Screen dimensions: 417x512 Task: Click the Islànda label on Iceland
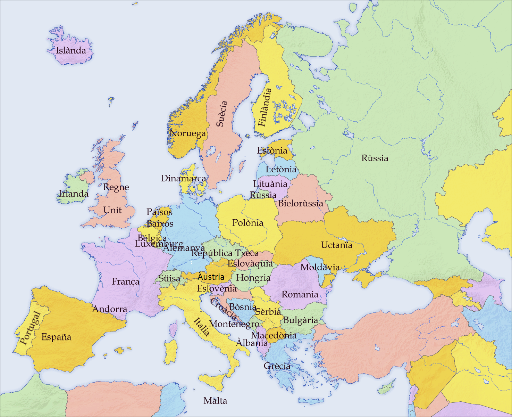71,50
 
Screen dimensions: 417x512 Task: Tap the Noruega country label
187,133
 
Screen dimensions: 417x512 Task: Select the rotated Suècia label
222,114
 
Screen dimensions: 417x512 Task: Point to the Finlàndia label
265,107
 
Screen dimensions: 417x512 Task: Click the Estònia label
272,150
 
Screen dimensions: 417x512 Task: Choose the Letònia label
281,169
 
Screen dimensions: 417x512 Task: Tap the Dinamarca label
183,178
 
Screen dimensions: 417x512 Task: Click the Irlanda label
74,194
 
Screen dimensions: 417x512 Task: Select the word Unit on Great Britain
112,210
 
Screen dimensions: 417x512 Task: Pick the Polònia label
248,223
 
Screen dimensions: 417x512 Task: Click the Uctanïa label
336,245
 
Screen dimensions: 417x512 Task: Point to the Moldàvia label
320,267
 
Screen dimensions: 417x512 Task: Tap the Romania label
300,294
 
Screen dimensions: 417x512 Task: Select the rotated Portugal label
30,328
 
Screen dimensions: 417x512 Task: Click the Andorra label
110,309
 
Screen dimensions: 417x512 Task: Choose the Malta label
215,401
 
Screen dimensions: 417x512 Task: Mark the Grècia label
277,366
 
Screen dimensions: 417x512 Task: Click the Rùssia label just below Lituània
263,195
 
